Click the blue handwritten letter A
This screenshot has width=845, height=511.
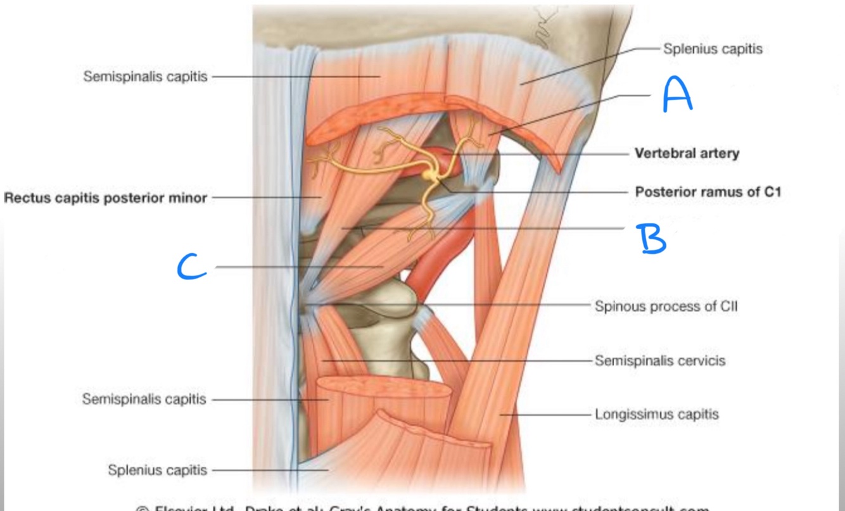(x=677, y=96)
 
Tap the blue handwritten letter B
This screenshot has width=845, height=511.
(x=652, y=238)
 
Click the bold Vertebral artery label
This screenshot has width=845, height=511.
(x=687, y=153)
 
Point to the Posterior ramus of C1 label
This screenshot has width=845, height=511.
(x=708, y=192)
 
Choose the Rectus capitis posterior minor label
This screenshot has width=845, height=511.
(x=106, y=198)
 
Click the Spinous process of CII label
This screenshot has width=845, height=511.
(x=666, y=306)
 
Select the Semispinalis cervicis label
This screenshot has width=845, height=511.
(x=659, y=361)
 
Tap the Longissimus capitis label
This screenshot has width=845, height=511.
(x=656, y=415)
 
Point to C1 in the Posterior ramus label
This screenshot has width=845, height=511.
(x=769, y=192)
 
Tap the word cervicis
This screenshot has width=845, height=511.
(x=702, y=361)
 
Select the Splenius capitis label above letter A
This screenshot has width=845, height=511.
(x=713, y=49)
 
